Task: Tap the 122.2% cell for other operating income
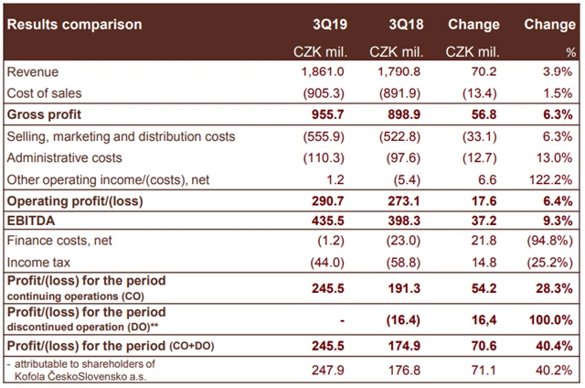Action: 553,178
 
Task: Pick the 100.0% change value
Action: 553,320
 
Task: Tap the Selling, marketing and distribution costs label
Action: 121,136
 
